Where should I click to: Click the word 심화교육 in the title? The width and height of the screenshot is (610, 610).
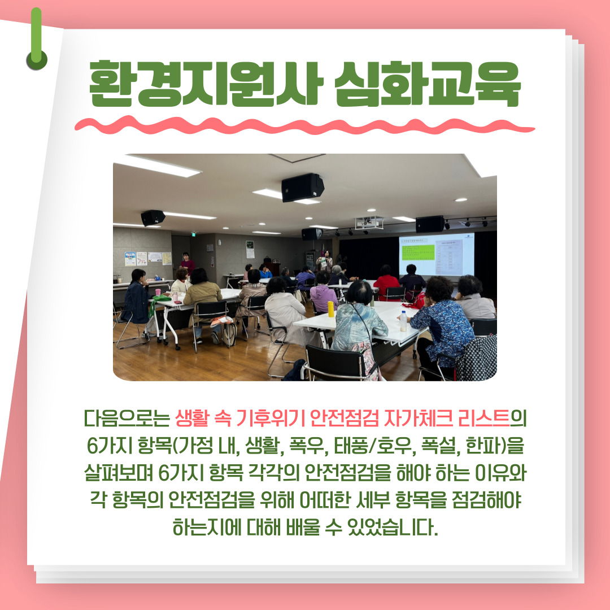[427, 83]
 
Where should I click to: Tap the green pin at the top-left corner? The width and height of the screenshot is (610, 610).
[37, 40]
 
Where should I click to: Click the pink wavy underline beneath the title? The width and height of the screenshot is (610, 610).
[304, 125]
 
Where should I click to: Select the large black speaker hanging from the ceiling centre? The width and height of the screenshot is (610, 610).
[303, 187]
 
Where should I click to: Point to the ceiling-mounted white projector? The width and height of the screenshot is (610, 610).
[369, 223]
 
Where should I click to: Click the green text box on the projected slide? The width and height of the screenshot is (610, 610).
[417, 252]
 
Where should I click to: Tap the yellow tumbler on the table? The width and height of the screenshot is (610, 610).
[330, 309]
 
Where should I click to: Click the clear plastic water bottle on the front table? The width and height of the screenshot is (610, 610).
[403, 321]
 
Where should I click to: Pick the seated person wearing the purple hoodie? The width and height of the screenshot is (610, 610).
[324, 293]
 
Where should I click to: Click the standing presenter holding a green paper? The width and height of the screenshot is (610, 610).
[325, 260]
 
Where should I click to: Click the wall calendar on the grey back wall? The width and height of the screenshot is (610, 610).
[250, 250]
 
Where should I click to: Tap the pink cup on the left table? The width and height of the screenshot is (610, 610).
[158, 292]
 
